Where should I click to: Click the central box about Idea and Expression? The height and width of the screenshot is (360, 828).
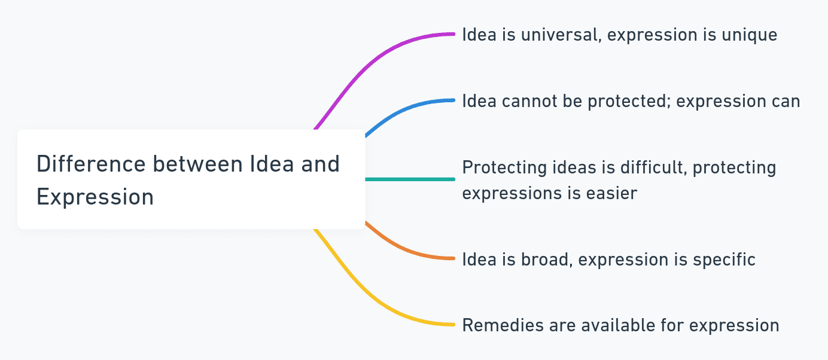pyautogui.click(x=191, y=179)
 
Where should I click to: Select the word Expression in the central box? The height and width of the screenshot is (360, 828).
pyautogui.click(x=95, y=197)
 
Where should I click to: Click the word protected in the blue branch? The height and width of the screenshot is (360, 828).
pyautogui.click(x=628, y=101)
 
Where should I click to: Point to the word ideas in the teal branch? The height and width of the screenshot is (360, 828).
pyautogui.click(x=562, y=167)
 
